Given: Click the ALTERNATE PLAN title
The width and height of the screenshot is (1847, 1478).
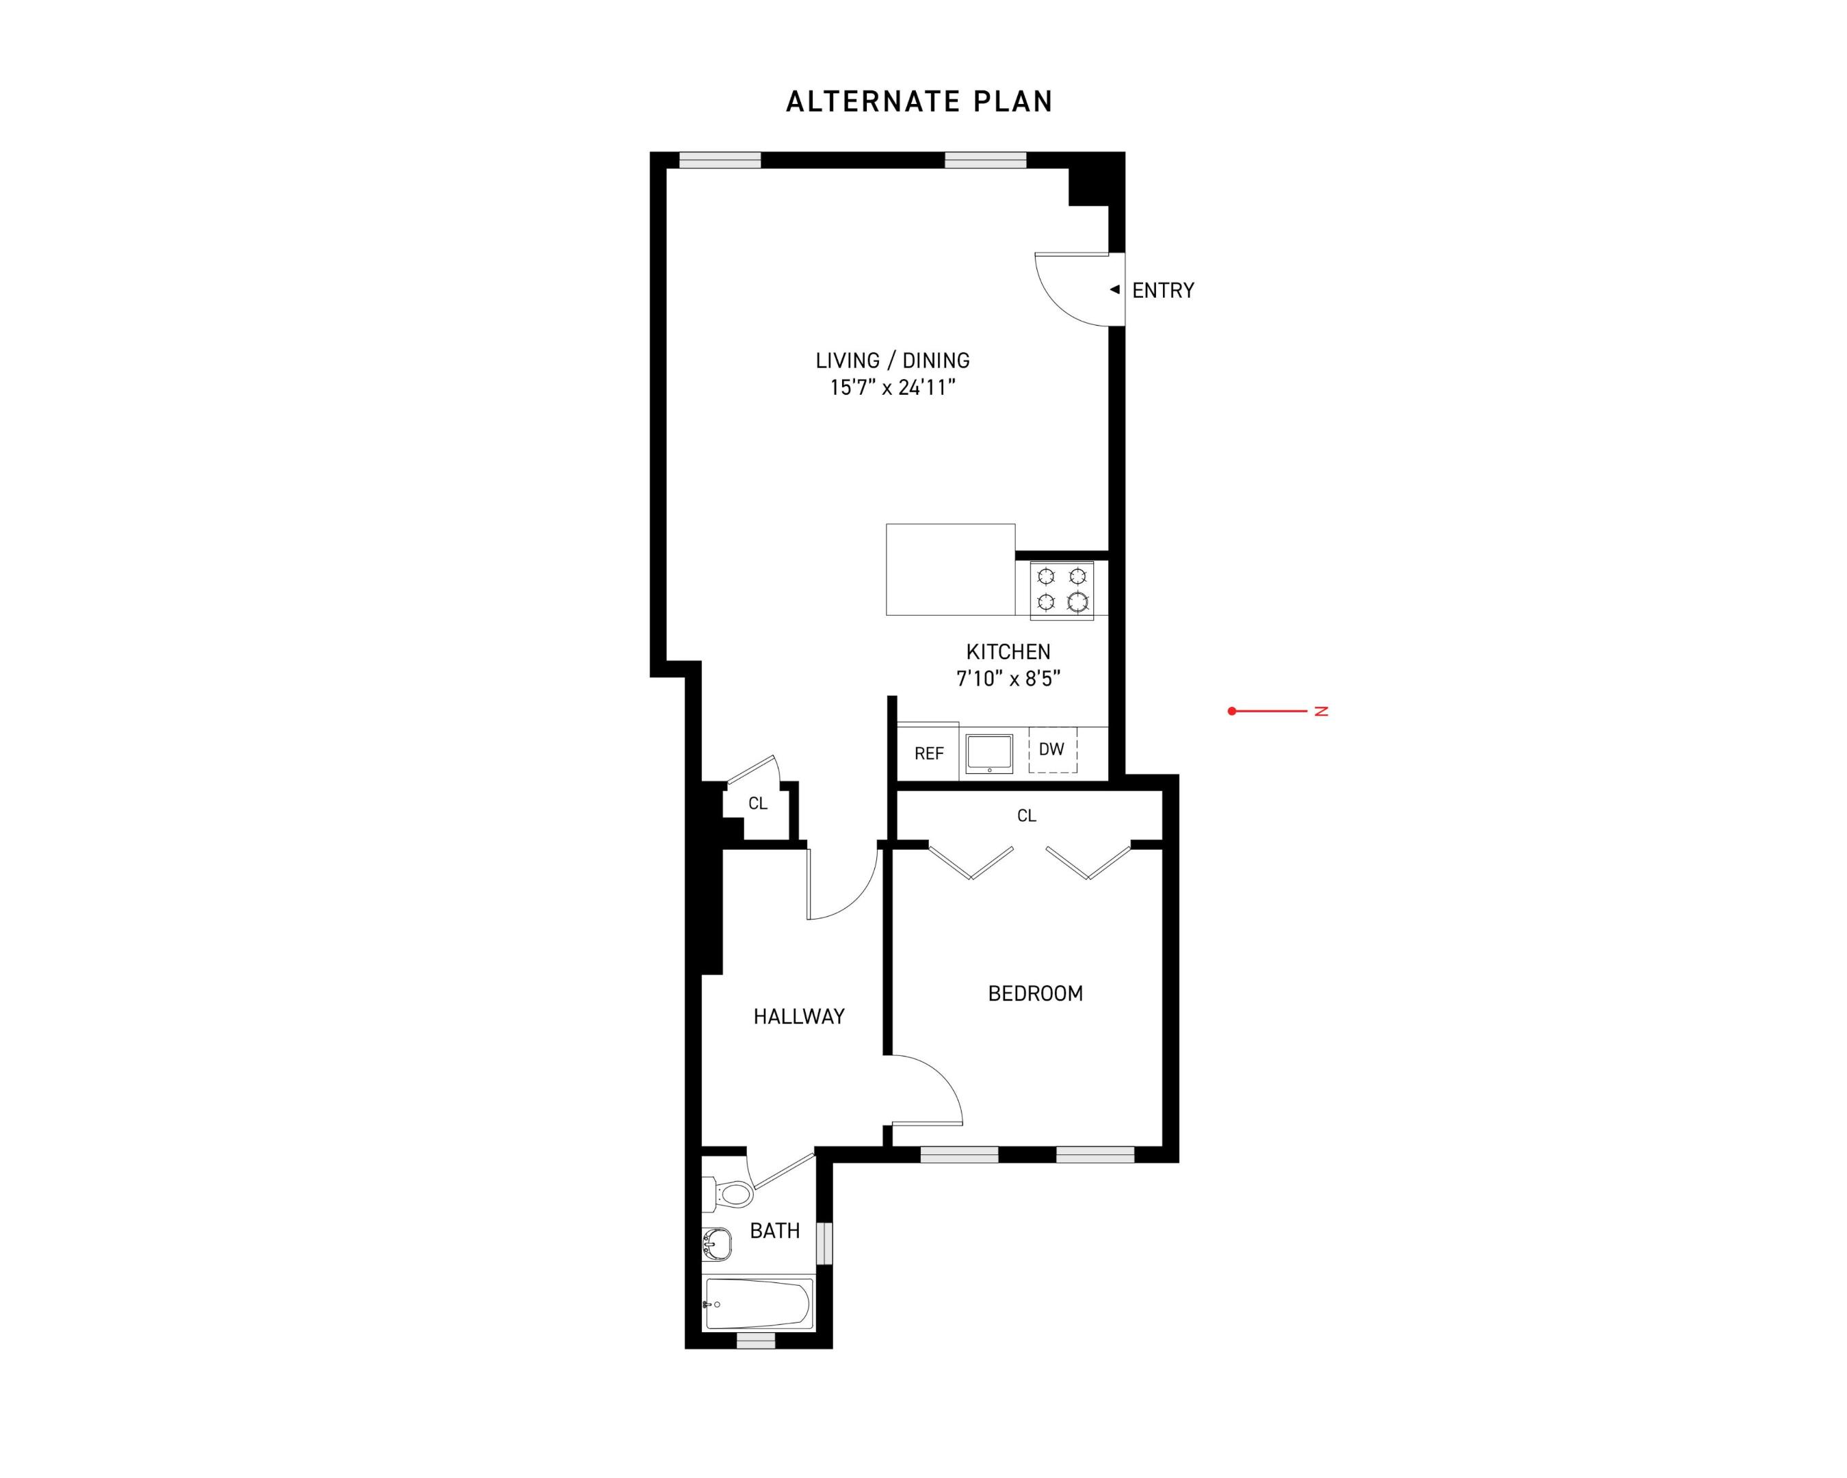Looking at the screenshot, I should point(918,102).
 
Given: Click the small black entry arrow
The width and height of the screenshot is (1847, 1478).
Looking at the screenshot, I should point(1114,289).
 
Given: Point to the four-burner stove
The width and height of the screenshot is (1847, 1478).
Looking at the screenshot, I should point(1062,588).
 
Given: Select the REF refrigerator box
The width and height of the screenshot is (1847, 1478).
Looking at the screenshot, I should point(928,753).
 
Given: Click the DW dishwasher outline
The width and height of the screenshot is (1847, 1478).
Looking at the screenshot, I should point(1052,750).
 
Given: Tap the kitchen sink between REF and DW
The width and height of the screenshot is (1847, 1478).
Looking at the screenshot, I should point(988,753).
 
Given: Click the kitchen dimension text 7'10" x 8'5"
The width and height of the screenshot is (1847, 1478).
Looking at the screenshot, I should point(1008,679).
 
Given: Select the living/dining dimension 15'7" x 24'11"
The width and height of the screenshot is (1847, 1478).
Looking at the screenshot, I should point(893,388).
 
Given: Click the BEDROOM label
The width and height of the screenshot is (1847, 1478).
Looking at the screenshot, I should point(1035,994).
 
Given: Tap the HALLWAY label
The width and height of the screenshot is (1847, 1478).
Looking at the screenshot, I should point(798,1017).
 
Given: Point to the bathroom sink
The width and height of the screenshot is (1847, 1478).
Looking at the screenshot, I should point(717,1244).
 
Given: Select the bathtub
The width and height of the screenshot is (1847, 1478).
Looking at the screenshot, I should point(758,1304).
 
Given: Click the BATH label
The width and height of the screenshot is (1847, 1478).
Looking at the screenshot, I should point(774,1231).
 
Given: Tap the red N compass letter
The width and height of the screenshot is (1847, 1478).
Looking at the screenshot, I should point(1321,711).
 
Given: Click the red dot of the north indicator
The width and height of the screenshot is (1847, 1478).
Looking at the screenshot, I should point(1232,711).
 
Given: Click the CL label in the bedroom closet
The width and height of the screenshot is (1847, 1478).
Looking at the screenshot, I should point(1026,816).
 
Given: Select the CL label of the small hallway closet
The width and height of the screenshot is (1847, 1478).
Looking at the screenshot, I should point(757,804).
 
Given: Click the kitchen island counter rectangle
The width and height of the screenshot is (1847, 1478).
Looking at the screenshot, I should point(950,570).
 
